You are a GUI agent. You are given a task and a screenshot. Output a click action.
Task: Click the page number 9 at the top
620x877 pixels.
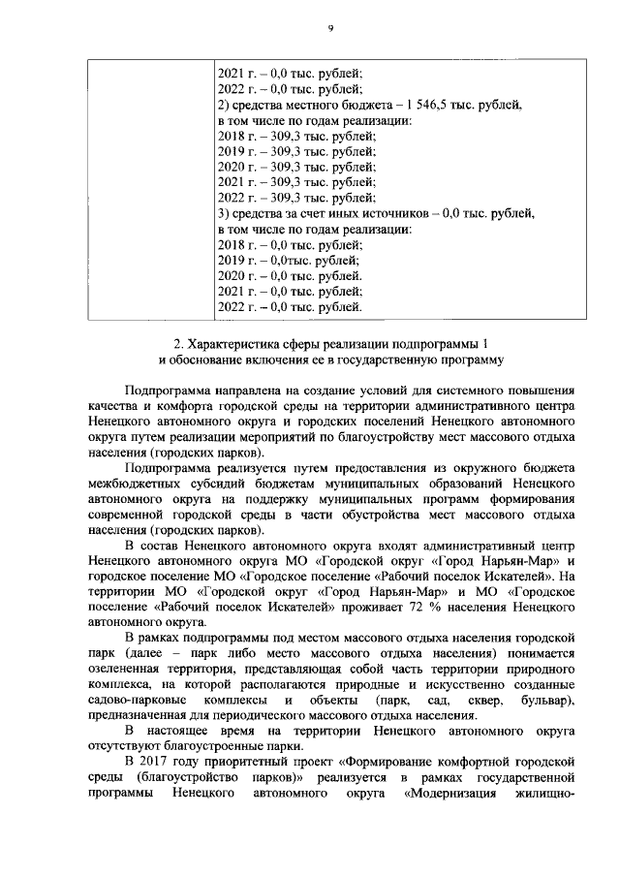(329, 29)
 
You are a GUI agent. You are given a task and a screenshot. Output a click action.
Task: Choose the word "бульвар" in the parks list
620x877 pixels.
(544, 700)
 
